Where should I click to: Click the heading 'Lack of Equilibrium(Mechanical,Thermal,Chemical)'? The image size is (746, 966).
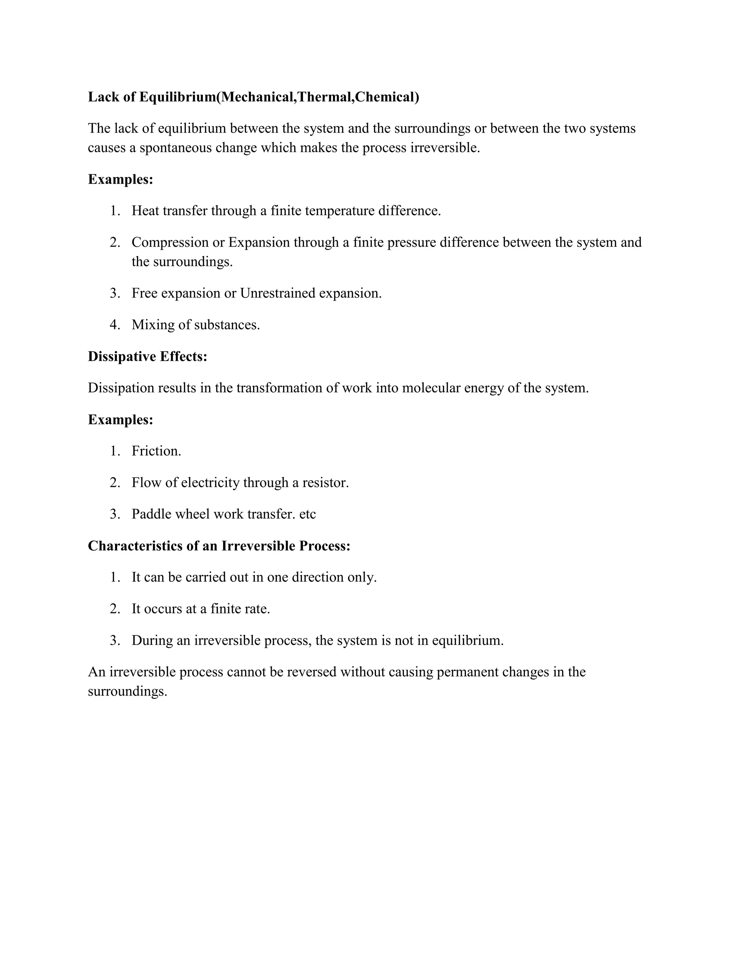pyautogui.click(x=253, y=97)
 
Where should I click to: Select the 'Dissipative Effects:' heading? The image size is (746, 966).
pyautogui.click(x=148, y=357)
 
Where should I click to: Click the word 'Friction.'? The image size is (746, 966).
pyautogui.click(x=156, y=451)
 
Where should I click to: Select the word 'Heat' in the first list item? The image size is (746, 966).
pyautogui.click(x=145, y=211)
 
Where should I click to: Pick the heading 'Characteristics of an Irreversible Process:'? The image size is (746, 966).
pyautogui.click(x=219, y=546)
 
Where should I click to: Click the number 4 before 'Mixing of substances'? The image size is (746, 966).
pyautogui.click(x=114, y=325)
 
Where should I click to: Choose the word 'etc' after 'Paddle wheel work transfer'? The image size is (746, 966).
pyautogui.click(x=307, y=514)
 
